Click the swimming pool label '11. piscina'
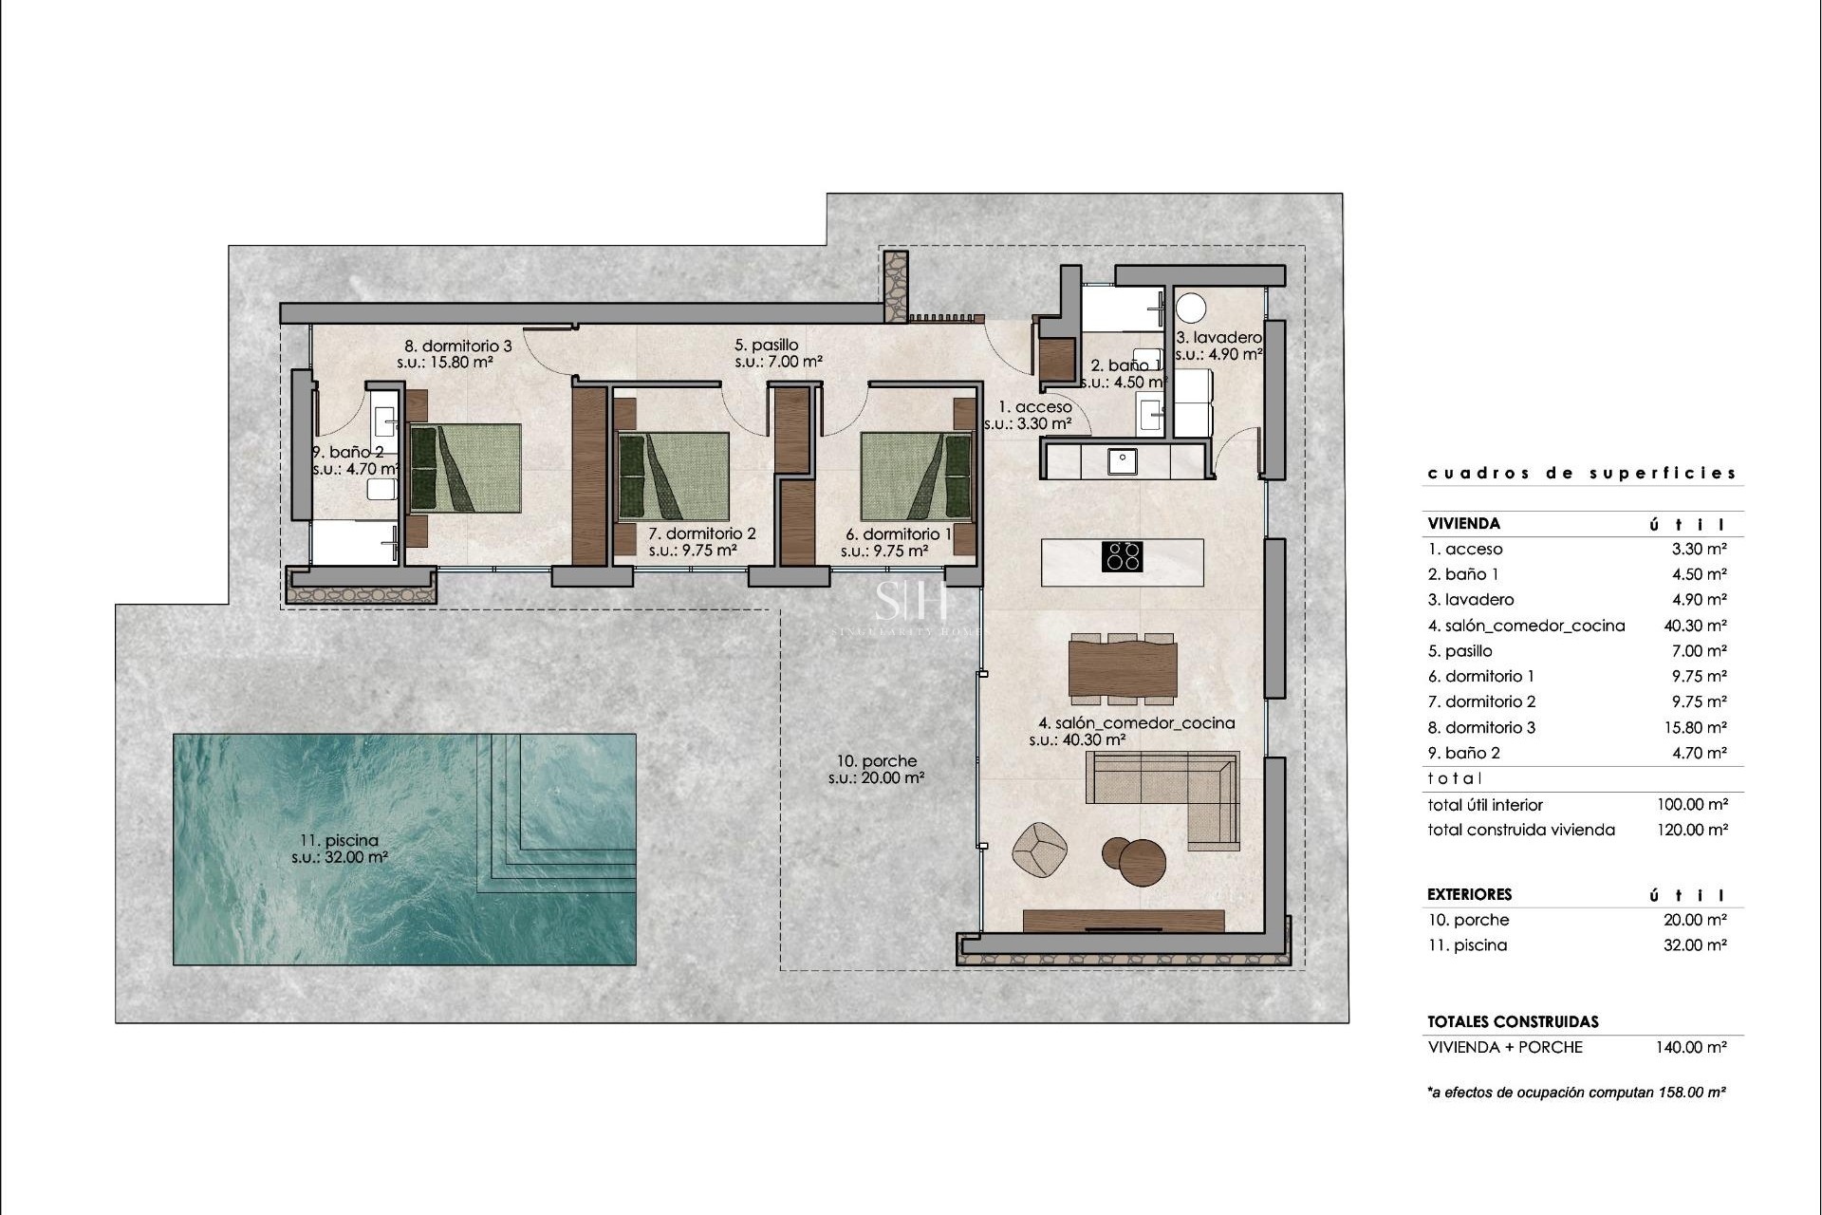pyautogui.click(x=339, y=840)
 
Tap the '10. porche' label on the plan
pyautogui.click(x=877, y=761)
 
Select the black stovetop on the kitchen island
pyautogui.click(x=1122, y=555)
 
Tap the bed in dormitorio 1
pyautogui.click(x=917, y=477)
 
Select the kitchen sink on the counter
pyautogui.click(x=1123, y=461)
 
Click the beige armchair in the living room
pyautogui.click(x=1040, y=848)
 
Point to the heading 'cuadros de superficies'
pyautogui.click(x=1582, y=473)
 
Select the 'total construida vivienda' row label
pyautogui.click(x=1520, y=830)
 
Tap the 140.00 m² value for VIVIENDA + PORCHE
pyautogui.click(x=1691, y=1047)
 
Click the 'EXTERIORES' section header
pyautogui.click(x=1469, y=894)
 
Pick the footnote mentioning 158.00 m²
pyautogui.click(x=1575, y=1093)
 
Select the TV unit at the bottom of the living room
pyautogui.click(x=1124, y=921)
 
